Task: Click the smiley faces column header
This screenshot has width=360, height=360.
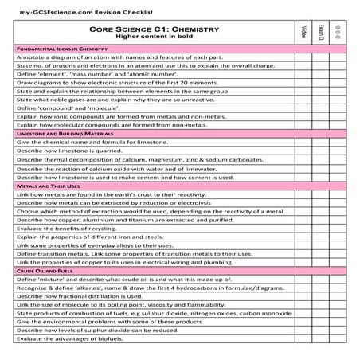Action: point(338,31)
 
